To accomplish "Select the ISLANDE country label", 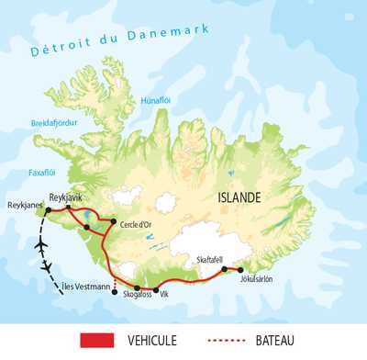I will pos(238,197).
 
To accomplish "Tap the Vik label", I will pos(165,297).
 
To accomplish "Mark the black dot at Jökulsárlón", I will pos(241,270).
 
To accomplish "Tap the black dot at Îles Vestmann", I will pos(115,292).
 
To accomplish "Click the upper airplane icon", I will pos(39,247).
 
